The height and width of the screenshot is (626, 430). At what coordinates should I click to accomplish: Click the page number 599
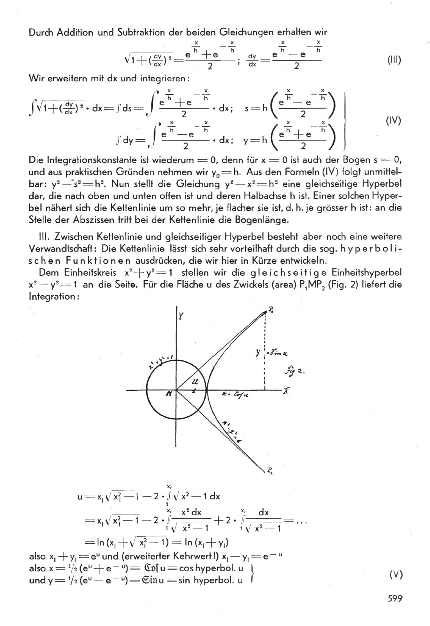[x=394, y=598]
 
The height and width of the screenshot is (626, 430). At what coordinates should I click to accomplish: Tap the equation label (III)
[x=394, y=61]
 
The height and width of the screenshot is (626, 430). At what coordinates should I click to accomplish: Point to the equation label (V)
[x=396, y=574]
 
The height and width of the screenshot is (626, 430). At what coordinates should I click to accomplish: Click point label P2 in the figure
[x=270, y=469]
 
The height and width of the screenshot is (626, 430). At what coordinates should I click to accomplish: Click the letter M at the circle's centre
[x=169, y=394]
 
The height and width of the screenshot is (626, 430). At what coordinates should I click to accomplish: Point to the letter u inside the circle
[x=194, y=381]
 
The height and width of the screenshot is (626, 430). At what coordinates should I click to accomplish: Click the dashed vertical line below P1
[x=265, y=352]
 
